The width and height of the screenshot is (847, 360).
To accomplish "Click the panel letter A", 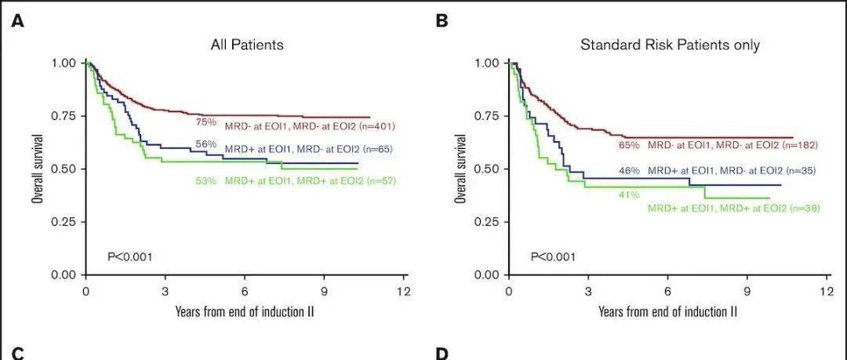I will [16, 20].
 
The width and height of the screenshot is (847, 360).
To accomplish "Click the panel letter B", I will [442, 20].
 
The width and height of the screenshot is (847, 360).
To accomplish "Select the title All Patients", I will [247, 45].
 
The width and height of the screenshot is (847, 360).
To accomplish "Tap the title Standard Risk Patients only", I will [670, 45].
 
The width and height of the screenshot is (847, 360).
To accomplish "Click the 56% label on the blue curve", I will [205, 145].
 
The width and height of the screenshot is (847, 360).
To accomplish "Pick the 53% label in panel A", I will [205, 181].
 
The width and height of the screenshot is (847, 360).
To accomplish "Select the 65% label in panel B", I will [630, 145].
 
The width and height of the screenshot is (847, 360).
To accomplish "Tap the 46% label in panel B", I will [629, 170].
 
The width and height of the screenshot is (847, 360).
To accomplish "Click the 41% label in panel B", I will [630, 194].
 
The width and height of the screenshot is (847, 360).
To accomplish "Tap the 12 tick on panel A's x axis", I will [404, 290].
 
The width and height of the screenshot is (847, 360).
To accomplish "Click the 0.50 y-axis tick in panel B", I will [486, 169].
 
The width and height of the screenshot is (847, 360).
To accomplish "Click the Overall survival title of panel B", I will [461, 169].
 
